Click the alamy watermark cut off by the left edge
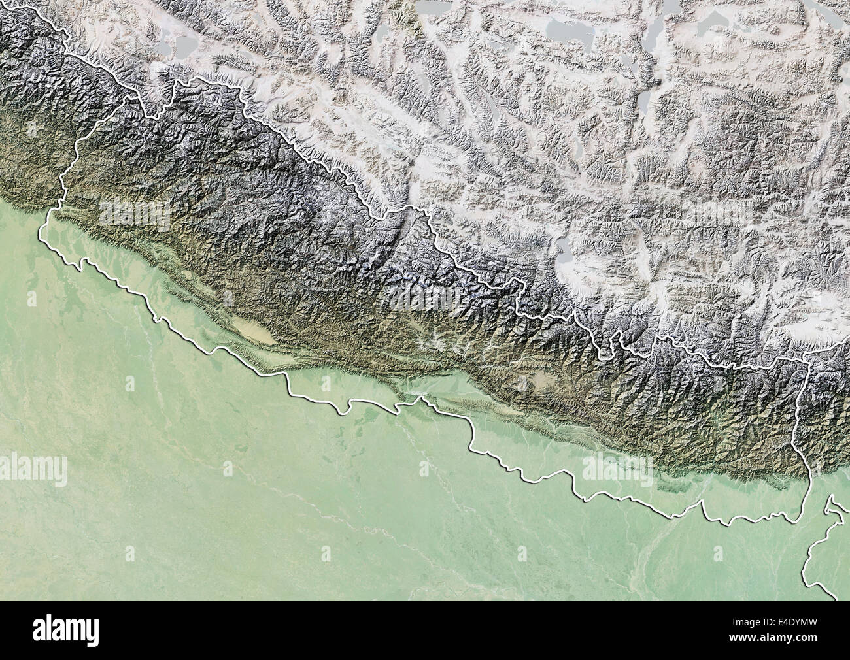coord(33,469)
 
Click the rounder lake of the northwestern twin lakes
coord(185,46)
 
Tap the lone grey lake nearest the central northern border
coord(562,246)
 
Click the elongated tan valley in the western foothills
coord(255,330)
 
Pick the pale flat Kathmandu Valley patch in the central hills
coord(540,378)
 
